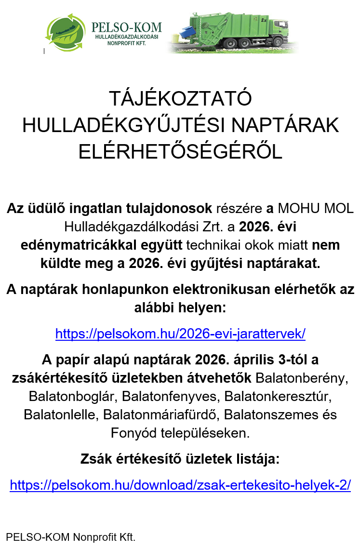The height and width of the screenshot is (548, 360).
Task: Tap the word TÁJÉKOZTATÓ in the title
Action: [180, 99]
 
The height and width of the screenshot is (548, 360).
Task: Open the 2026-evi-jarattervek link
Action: [180, 334]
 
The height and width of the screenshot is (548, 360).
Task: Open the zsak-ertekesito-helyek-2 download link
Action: [180, 485]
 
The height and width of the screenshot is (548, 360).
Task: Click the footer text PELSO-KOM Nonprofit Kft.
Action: [70, 536]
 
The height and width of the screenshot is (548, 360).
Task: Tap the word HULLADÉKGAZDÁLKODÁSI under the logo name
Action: [127, 37]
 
